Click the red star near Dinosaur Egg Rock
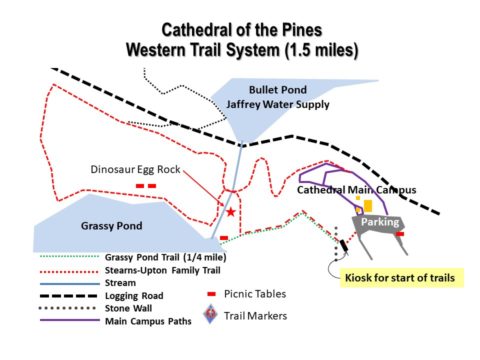pos(231,212)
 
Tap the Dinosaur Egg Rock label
pos(136,169)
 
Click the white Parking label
pos(380,221)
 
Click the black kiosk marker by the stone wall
pos(343,243)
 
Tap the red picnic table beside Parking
pos(400,235)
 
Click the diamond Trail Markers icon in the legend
pos(210,316)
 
